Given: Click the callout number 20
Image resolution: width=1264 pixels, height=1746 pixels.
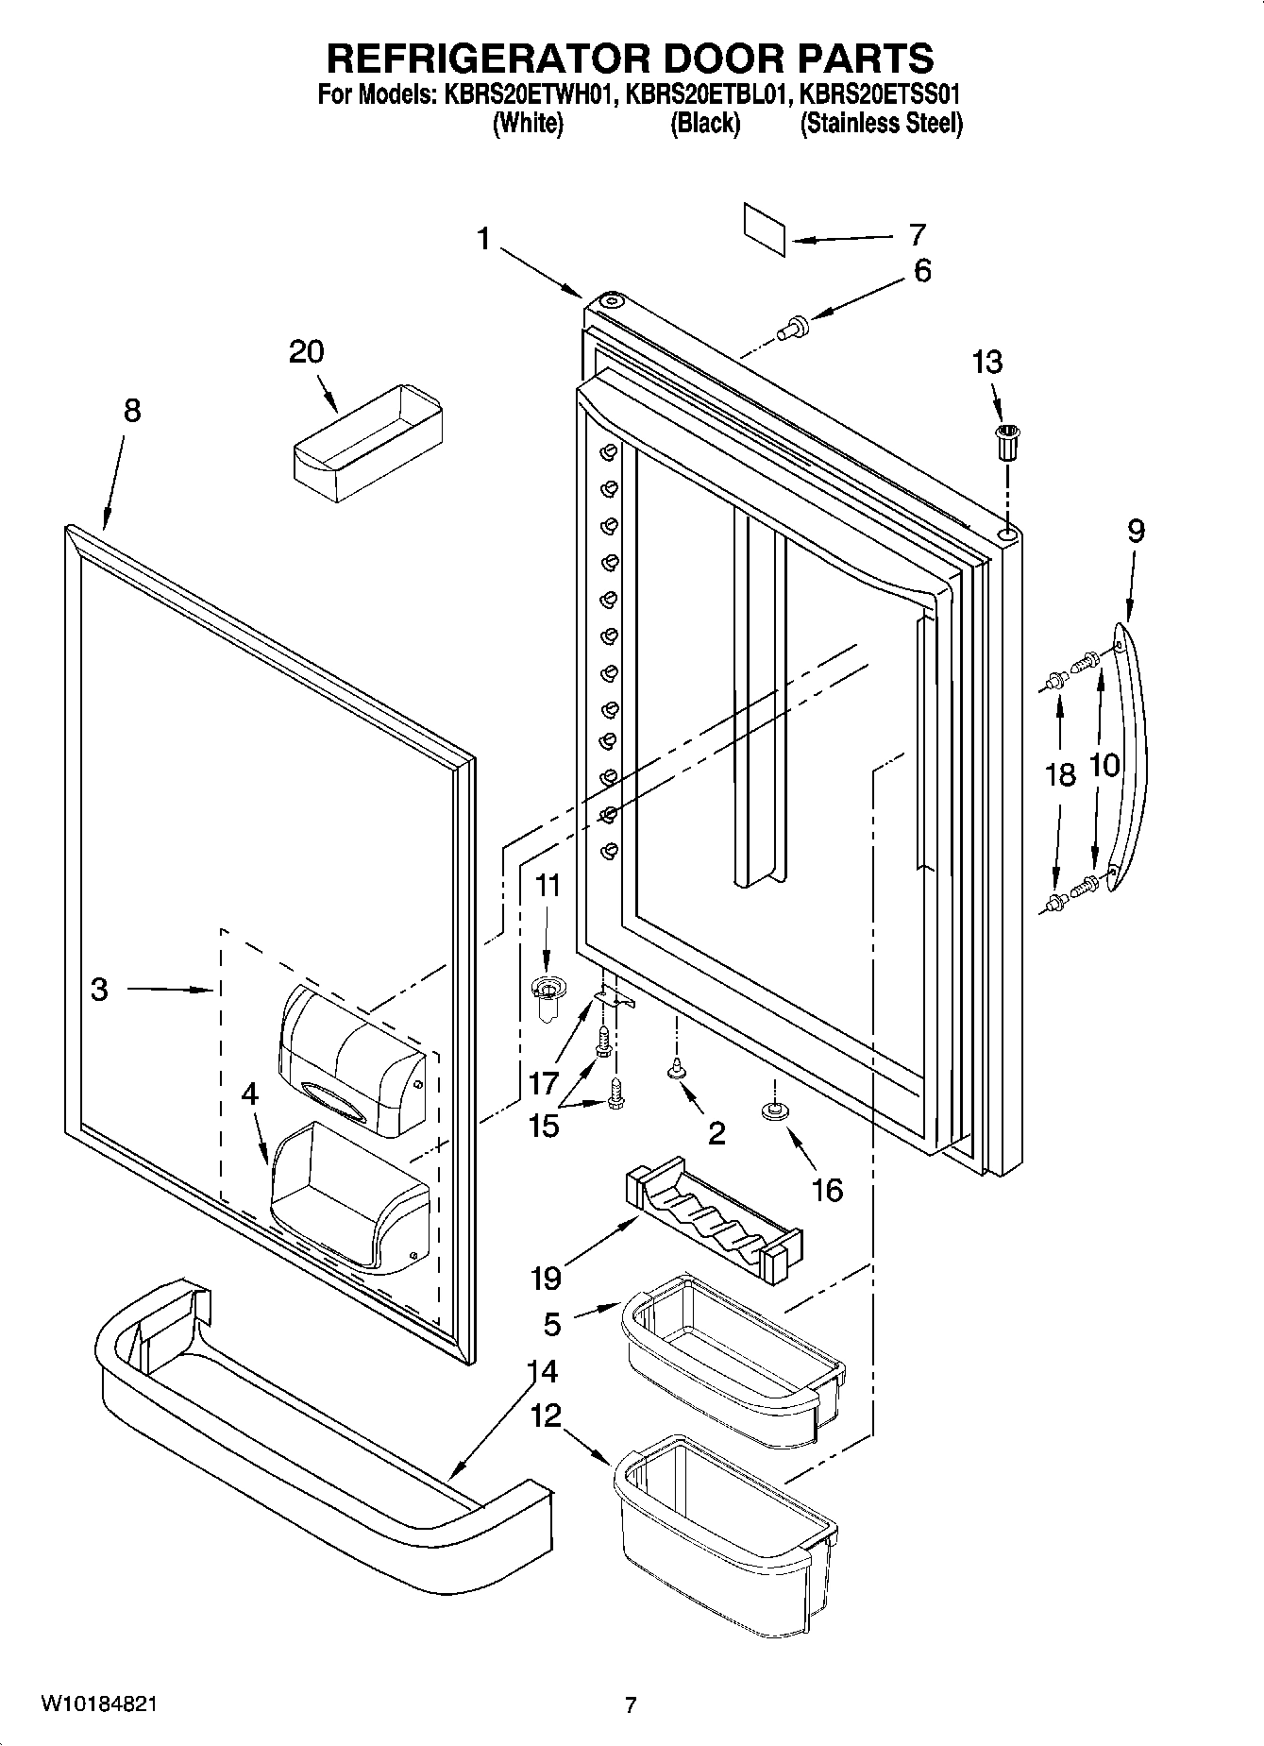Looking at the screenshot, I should pos(306,352).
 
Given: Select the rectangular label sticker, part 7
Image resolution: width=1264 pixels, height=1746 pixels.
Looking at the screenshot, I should pos(764,229).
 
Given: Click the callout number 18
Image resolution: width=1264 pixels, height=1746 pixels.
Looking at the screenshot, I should pos(1060,775).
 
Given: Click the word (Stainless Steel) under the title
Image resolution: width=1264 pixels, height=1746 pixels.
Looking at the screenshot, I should pos(881,124).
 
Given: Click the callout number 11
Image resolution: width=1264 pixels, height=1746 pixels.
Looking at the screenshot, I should pos(548,886).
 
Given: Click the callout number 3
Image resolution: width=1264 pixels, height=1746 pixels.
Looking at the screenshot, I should pos(99,989).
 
